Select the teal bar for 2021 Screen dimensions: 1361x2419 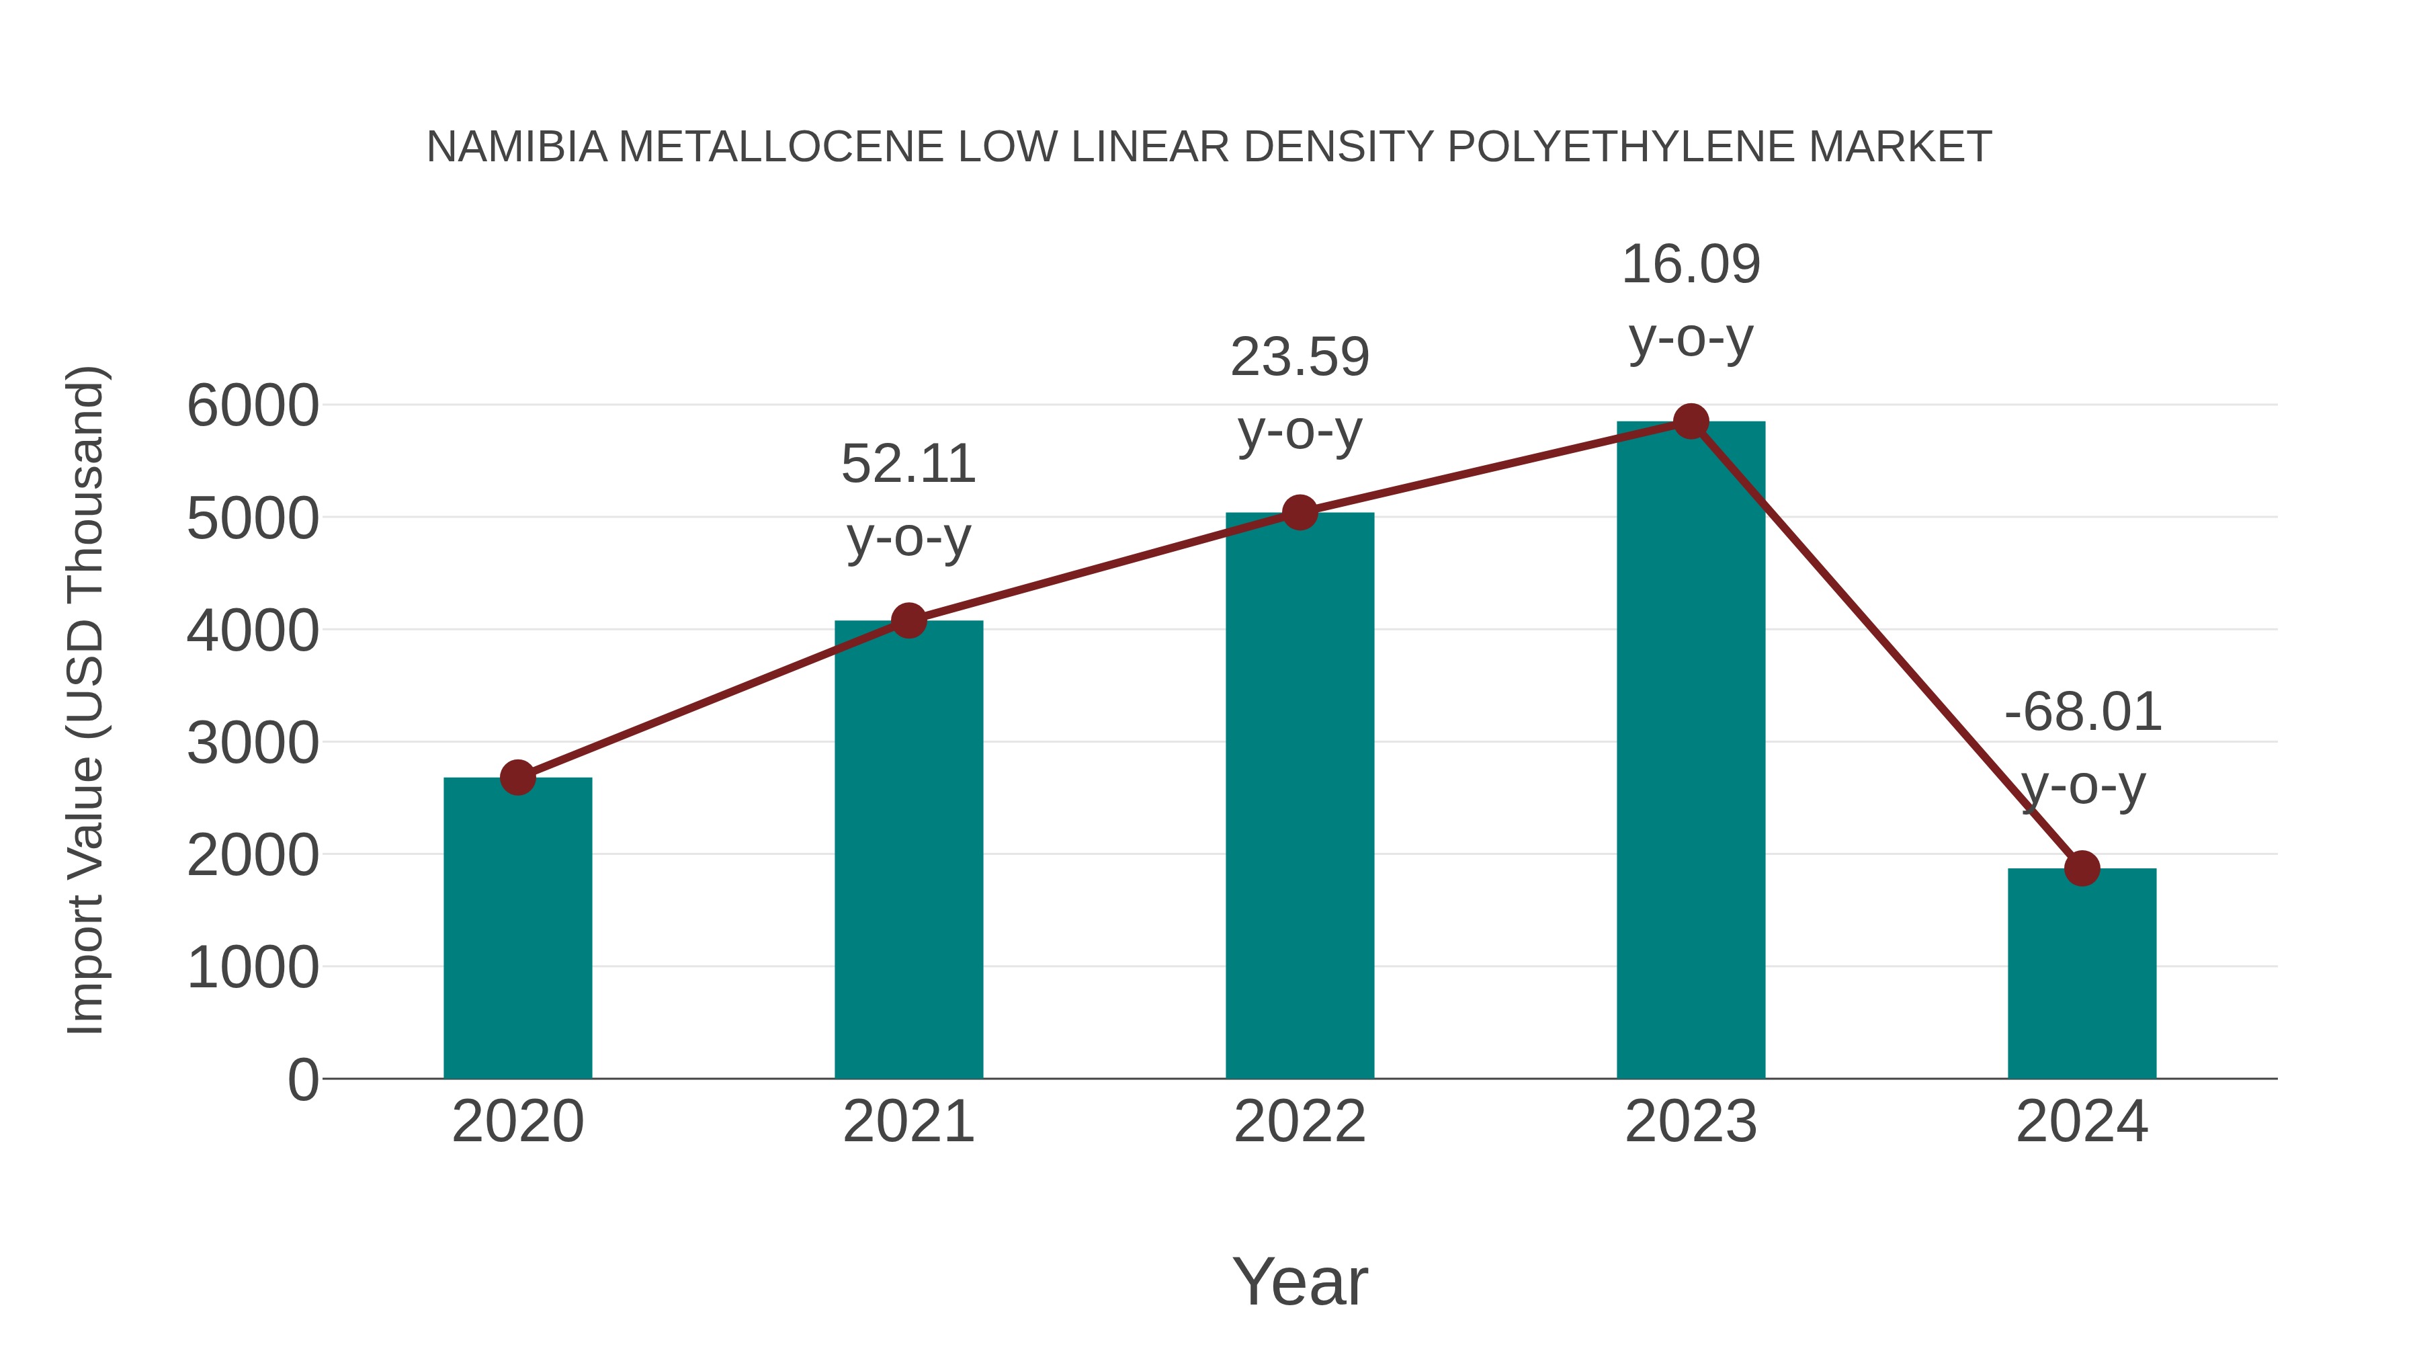coord(908,850)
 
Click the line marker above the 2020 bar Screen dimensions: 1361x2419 coord(517,778)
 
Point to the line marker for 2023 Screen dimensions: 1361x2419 coord(1691,421)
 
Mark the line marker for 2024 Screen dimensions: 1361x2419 coord(2082,869)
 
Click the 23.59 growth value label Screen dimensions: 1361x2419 coord(1300,358)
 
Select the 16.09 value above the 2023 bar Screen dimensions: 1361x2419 coord(1691,265)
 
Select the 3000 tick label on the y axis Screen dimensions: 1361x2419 coord(253,744)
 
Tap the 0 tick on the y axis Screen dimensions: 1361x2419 coord(302,1080)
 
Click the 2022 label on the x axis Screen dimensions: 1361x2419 coord(1300,1122)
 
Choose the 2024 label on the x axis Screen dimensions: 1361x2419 coord(2082,1122)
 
